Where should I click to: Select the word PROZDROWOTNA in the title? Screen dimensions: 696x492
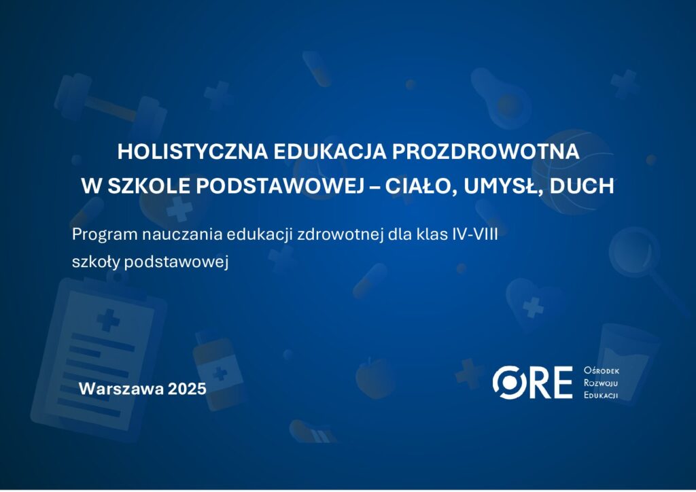485,152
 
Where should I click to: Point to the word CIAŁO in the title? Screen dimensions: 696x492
421,186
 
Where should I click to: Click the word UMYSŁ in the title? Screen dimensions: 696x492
502,186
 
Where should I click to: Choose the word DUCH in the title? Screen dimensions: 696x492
582,186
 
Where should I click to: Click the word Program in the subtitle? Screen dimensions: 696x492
105,234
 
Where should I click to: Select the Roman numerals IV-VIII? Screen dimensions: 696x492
475,234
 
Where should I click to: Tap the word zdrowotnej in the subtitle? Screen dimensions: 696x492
340,234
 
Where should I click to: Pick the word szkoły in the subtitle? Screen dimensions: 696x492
96,262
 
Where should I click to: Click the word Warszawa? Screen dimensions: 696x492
121,389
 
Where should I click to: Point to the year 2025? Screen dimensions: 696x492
187,389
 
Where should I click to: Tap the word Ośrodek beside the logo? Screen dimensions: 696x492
602,370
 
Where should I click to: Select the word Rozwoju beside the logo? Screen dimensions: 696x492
601,383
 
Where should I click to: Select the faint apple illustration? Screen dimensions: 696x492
375,379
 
